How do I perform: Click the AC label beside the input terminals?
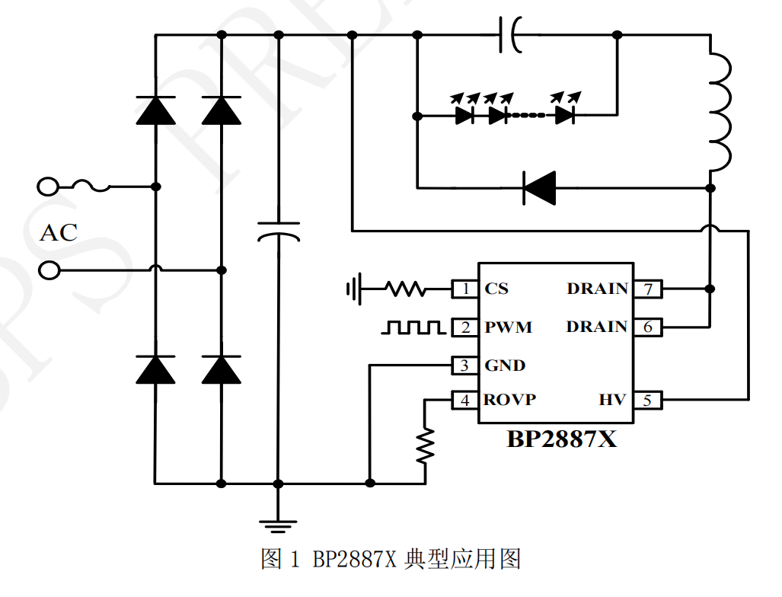pyautogui.click(x=59, y=232)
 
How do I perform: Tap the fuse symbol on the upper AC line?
pyautogui.click(x=91, y=185)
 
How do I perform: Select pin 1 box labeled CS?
pyautogui.click(x=464, y=289)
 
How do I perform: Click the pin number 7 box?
pyautogui.click(x=648, y=289)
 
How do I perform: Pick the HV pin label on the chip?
pyautogui.click(x=611, y=400)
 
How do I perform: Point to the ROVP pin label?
pyautogui.click(x=510, y=400)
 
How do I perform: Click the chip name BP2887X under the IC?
pyautogui.click(x=561, y=439)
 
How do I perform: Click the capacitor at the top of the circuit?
pyautogui.click(x=510, y=35)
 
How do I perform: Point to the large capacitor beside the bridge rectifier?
pyautogui.click(x=278, y=231)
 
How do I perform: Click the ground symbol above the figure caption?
pyautogui.click(x=278, y=524)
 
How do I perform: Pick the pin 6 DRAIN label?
pyautogui.click(x=597, y=327)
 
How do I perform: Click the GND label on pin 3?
pyautogui.click(x=505, y=366)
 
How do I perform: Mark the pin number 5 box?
pyautogui.click(x=648, y=400)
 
